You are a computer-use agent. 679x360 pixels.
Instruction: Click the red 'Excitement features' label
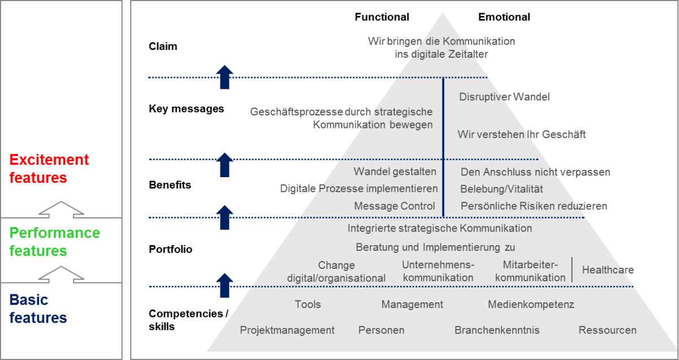pos(50,169)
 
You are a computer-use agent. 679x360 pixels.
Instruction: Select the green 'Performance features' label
pos(54,242)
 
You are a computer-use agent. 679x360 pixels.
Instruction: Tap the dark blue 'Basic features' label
pos(38,308)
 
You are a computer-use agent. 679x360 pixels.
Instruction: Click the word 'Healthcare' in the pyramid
pos(608,270)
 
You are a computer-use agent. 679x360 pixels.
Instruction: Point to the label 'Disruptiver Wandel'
pos(504,97)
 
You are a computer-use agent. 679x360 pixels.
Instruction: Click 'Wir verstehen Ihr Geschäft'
pos(522,135)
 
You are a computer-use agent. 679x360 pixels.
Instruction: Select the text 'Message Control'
pos(394,206)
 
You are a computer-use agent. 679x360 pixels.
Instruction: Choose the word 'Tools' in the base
pos(307,305)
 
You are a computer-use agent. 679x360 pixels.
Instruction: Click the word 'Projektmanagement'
pos(287,330)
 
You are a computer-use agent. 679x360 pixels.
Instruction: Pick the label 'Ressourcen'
pos(607,330)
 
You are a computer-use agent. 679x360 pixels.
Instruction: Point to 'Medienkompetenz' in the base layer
pos(531,305)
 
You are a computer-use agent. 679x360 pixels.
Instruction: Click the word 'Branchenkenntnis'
pos(497,330)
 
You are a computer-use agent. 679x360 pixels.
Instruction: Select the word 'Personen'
pos(381,330)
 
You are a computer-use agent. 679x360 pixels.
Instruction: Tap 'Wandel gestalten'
pos(395,172)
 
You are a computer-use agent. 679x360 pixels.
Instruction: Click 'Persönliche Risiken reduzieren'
pos(534,206)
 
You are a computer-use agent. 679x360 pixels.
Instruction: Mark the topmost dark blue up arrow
pos(225,76)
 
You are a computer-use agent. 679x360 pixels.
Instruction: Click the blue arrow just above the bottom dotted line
pos(225,285)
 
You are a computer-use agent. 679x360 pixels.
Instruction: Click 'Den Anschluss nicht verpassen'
pos(535,172)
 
